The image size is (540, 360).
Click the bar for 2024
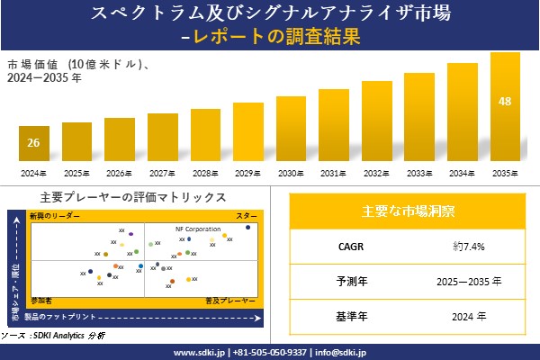[33, 144]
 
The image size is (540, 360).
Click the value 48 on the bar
[505, 100]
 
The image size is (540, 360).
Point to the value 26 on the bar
[33, 143]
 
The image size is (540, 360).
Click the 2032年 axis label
[377, 172]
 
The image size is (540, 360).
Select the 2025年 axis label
[76, 172]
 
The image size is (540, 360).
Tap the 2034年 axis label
[463, 172]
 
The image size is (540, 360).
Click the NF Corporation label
[197, 229]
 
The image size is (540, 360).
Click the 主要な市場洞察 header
[408, 211]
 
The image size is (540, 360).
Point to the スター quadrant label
[246, 217]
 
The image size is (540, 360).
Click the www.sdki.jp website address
[199, 352]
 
